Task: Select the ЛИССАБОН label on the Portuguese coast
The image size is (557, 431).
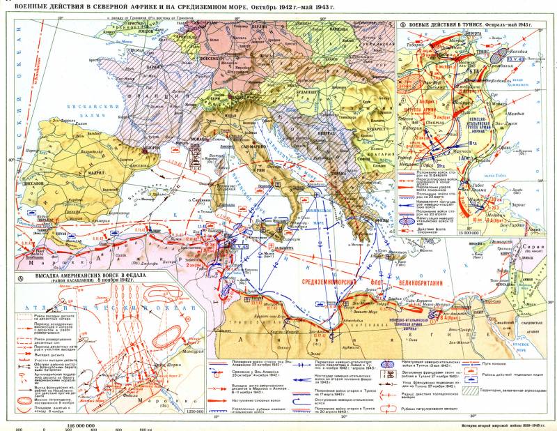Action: tap(26, 184)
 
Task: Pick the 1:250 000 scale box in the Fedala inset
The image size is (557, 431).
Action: tap(187, 413)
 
